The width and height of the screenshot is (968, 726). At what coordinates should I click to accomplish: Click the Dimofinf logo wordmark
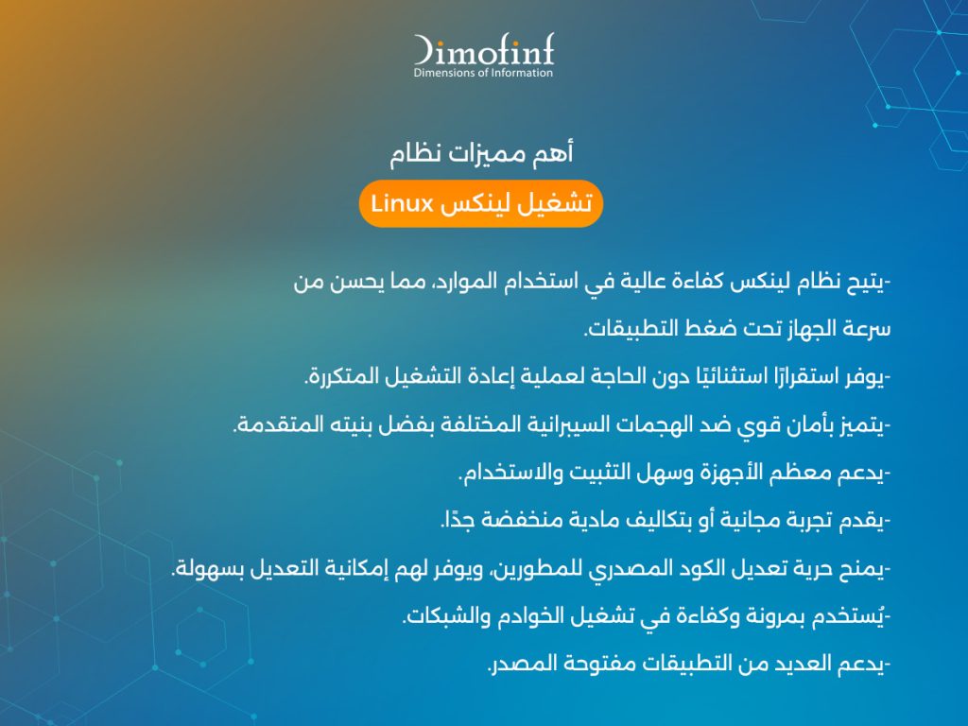[x=483, y=49]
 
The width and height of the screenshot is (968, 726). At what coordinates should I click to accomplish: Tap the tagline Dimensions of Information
[x=483, y=73]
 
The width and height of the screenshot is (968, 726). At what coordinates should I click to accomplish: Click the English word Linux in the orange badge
[x=402, y=203]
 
